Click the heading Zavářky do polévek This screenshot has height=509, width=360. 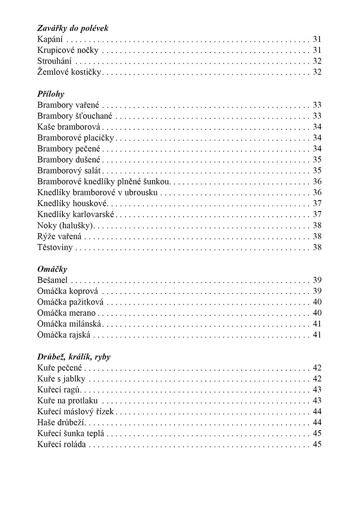click(x=72, y=28)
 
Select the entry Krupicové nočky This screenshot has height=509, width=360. click(x=68, y=50)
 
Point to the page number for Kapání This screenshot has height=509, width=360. click(x=317, y=39)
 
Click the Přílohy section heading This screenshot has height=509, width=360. click(x=50, y=94)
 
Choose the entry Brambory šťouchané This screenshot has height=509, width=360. click(x=74, y=116)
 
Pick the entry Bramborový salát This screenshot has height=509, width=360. click(x=71, y=170)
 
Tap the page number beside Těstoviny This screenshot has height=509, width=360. click(x=317, y=247)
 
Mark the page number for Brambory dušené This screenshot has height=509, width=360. click(x=317, y=159)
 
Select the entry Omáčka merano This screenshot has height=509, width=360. click(x=66, y=313)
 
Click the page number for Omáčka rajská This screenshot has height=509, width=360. click(x=317, y=335)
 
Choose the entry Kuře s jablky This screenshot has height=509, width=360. click(x=61, y=379)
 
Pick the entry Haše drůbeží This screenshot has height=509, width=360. click(x=62, y=422)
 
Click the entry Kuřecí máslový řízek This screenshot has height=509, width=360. click(x=75, y=412)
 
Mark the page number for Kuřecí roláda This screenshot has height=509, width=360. click(x=317, y=444)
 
